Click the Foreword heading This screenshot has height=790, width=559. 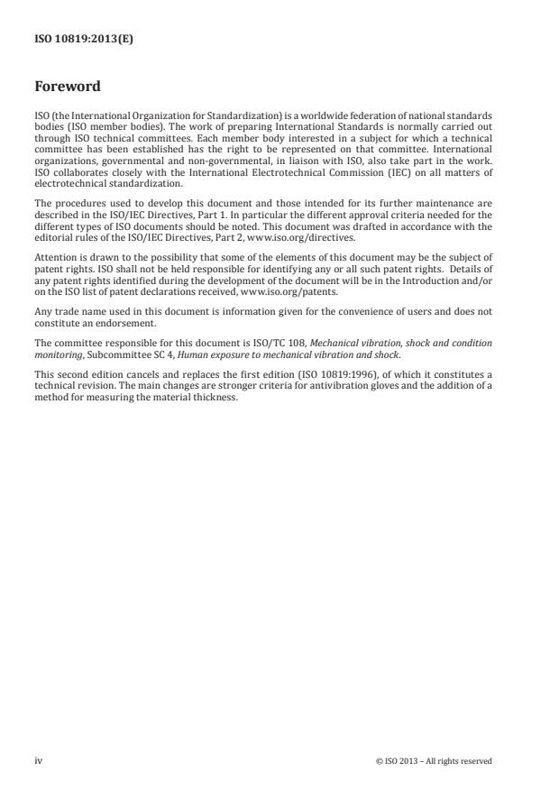coord(68,87)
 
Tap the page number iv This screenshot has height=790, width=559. coord(39,760)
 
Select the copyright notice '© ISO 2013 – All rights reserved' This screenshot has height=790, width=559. coord(433,761)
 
